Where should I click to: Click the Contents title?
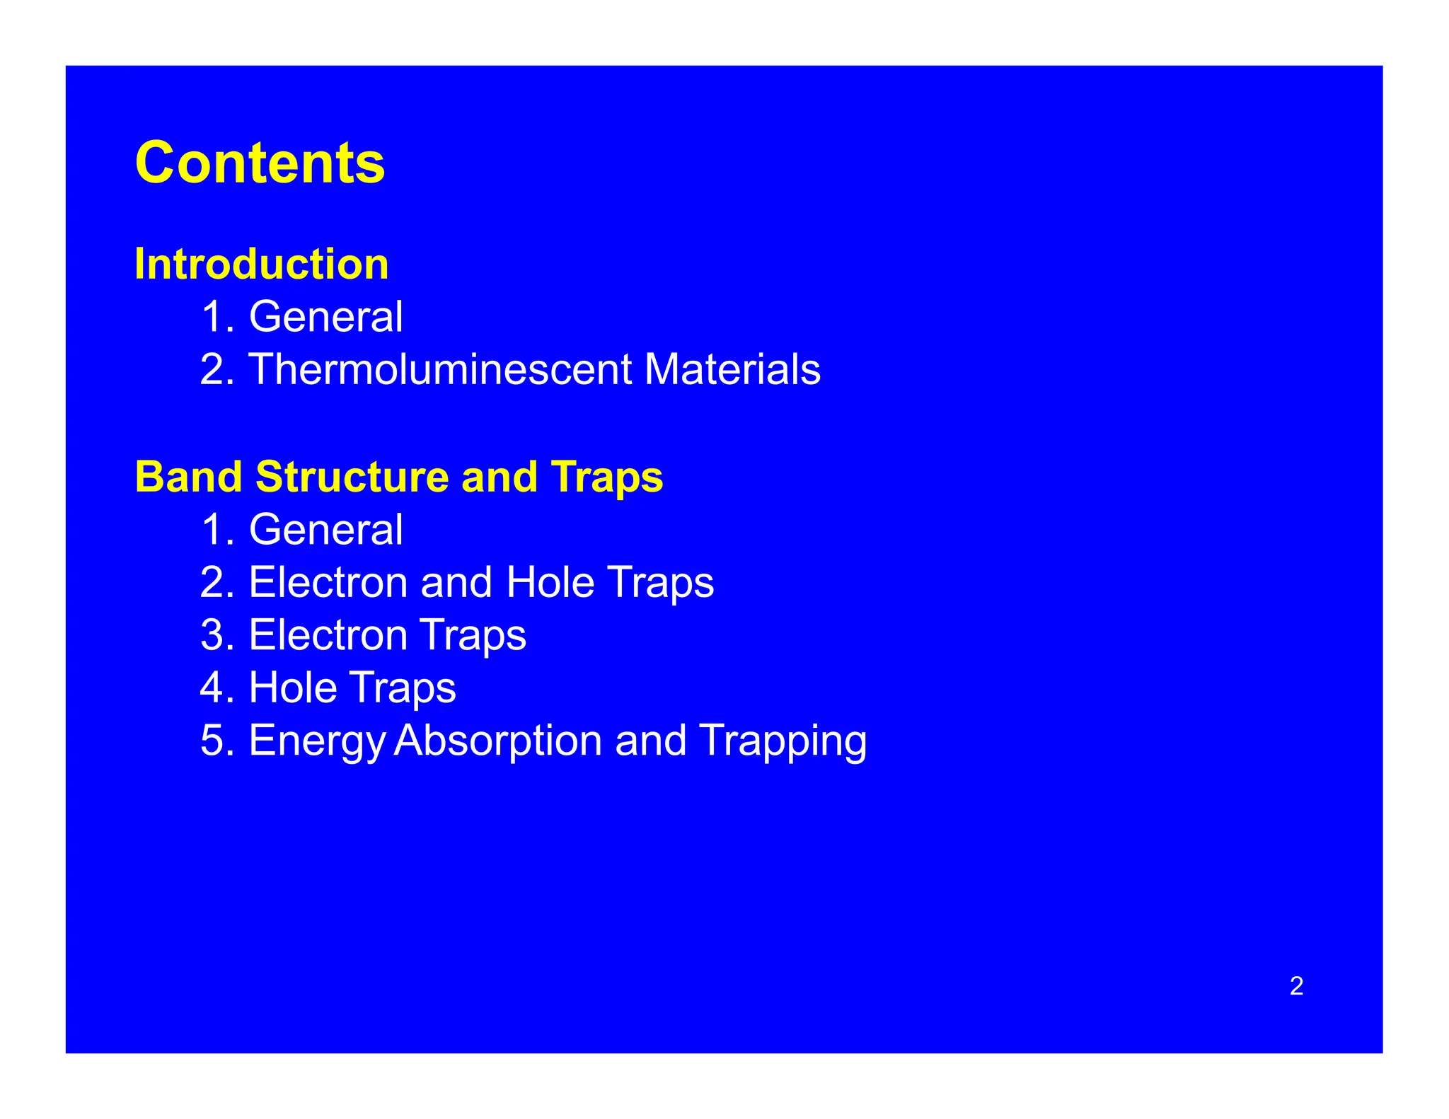tap(260, 163)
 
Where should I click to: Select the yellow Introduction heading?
tap(261, 264)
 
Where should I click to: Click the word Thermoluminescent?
tap(439, 369)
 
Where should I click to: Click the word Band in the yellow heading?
tap(188, 477)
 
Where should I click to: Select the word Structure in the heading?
tap(352, 477)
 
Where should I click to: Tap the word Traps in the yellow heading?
tap(606, 477)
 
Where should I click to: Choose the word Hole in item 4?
tap(292, 688)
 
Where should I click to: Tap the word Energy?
tap(316, 741)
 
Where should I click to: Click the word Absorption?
tap(497, 741)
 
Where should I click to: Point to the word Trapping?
tap(783, 741)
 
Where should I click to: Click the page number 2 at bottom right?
tap(1296, 986)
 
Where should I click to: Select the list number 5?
tap(215, 741)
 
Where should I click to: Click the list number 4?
tap(215, 688)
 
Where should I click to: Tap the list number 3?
tap(215, 634)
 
